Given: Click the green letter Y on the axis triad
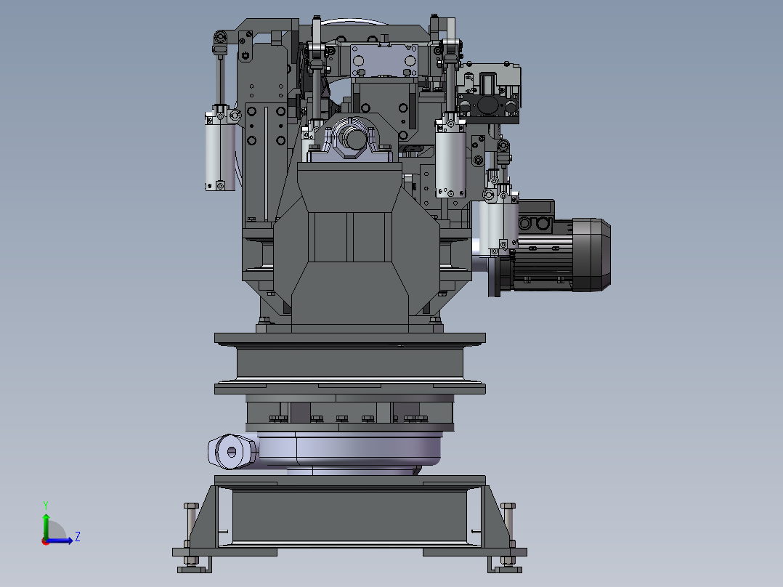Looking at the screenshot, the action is coord(46,505).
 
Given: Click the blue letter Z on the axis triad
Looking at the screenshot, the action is coord(78,537).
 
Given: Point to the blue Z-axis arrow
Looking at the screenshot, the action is coord(60,541).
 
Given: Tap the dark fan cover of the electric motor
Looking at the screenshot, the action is coord(592,255).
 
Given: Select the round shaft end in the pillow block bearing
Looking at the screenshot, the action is coord(355,138).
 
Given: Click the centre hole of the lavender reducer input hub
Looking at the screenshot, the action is coord(231,452).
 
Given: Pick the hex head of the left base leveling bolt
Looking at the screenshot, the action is coord(191,506).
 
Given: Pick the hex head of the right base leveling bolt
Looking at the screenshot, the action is coord(508,506).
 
